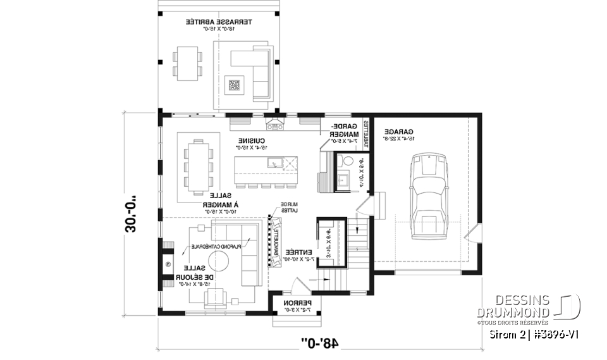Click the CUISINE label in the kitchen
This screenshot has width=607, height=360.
click(x=251, y=143)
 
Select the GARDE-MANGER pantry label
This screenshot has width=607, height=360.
click(x=345, y=130)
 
